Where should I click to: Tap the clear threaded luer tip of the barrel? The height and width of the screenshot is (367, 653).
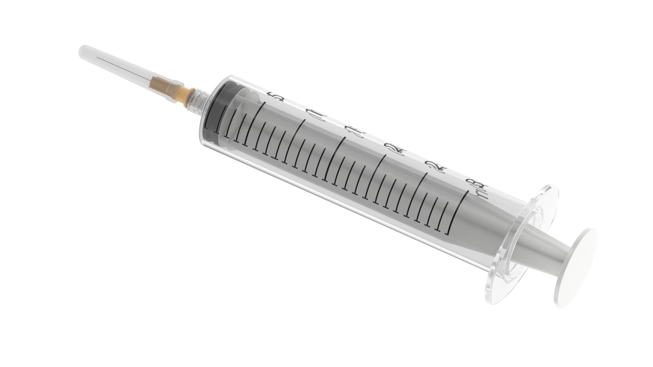(199, 99)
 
